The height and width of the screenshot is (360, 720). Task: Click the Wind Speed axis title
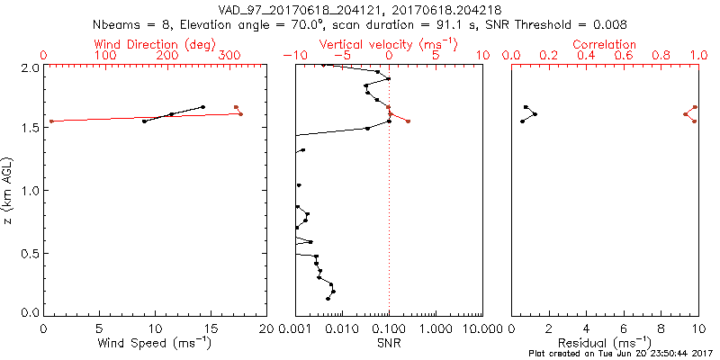point(155,344)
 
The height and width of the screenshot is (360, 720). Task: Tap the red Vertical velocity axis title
point(389,44)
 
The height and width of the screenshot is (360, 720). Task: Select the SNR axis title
point(390,344)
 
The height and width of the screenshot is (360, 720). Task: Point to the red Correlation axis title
point(605,44)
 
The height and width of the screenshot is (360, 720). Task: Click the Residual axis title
point(605,344)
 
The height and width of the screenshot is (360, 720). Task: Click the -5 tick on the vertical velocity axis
point(342,56)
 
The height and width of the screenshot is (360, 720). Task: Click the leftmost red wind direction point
point(51,121)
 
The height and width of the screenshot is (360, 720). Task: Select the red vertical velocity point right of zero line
point(408,121)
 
